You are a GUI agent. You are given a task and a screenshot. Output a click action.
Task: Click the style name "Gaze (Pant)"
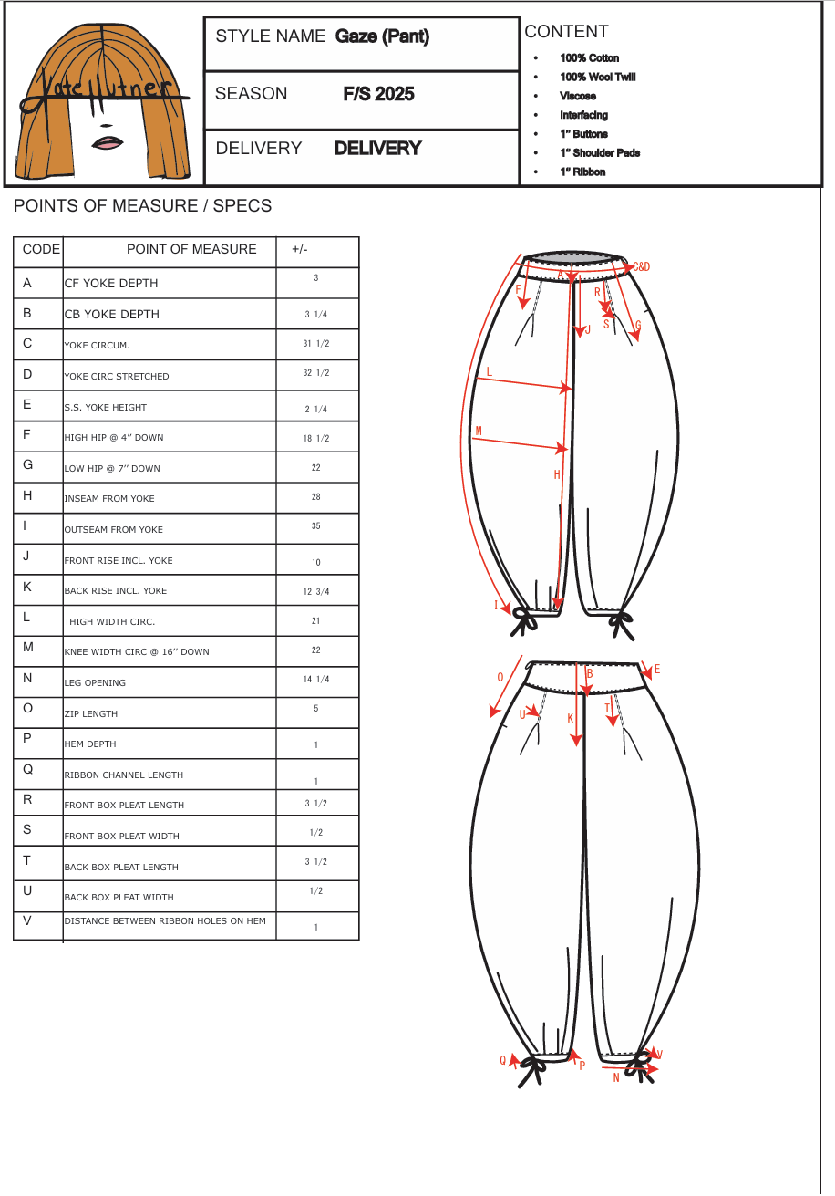click(382, 36)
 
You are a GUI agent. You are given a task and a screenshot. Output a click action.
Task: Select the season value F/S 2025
click(378, 94)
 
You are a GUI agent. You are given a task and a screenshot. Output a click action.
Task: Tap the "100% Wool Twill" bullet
click(597, 77)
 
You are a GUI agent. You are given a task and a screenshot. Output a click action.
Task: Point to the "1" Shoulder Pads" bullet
click(600, 152)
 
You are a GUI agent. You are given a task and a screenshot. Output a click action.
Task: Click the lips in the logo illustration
click(108, 142)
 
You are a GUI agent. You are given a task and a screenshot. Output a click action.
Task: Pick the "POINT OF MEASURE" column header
click(191, 249)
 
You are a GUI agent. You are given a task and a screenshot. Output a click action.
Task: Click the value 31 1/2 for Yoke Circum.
click(316, 344)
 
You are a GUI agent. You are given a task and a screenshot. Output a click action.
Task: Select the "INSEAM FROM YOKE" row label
click(109, 499)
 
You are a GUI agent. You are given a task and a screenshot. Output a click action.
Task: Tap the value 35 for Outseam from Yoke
click(316, 526)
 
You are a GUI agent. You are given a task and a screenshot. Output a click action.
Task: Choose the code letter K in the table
click(27, 587)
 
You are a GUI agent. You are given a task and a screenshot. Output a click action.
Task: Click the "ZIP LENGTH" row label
click(91, 713)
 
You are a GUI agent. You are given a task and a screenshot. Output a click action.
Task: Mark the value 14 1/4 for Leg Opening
click(316, 680)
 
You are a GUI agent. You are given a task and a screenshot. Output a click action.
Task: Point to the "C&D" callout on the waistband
click(642, 266)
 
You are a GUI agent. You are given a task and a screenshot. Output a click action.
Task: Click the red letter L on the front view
click(490, 371)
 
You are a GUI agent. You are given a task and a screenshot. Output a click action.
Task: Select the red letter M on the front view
click(479, 431)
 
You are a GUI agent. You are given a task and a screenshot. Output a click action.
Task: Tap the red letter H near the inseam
click(557, 474)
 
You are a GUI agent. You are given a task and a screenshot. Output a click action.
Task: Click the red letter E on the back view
click(657, 669)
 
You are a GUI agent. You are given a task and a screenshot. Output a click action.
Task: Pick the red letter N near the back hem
click(616, 1077)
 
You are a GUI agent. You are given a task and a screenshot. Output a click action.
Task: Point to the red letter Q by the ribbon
click(502, 1060)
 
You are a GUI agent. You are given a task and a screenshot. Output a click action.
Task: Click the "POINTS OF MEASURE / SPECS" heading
click(142, 206)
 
